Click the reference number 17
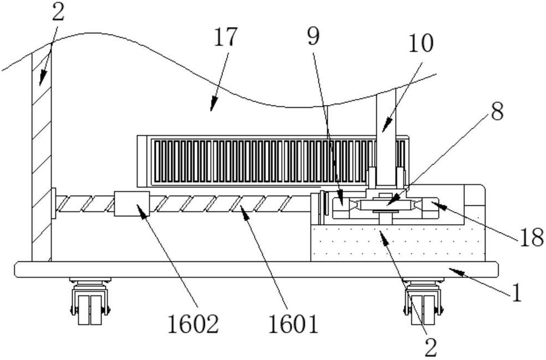(226, 37)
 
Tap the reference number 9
(313, 37)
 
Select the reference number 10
(420, 43)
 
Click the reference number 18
(531, 238)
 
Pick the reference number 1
(517, 292)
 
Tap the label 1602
(193, 324)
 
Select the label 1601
(293, 324)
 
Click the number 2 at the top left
(58, 13)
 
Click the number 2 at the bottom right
(431, 347)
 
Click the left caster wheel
(90, 301)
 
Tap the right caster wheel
(424, 301)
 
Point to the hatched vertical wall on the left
(41, 157)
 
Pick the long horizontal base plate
(256, 270)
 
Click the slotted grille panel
(273, 161)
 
